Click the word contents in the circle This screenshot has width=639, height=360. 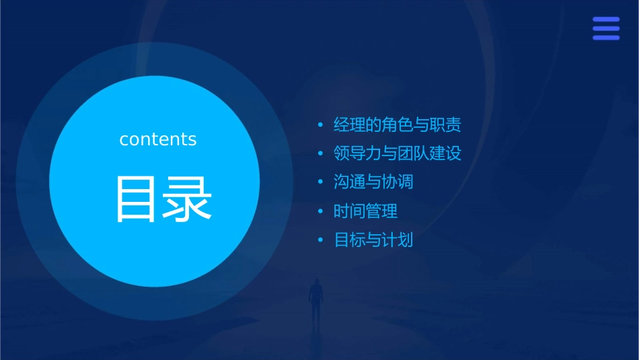coord(158,139)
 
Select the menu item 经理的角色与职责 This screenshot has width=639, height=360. coord(398,125)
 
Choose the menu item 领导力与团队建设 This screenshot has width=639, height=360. coord(398,153)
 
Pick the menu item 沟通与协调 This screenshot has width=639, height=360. coord(373,182)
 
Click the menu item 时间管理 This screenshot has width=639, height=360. coord(365,211)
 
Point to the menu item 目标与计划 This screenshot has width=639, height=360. coord(373,240)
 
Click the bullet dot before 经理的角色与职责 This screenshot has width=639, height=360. coord(321,125)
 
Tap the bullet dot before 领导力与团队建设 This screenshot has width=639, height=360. coord(321,154)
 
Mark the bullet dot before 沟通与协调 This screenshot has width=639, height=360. coord(321,183)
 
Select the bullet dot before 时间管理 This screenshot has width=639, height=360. coord(321,212)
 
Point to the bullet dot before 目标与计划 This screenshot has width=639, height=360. coord(321,240)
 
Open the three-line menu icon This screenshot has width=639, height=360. coord(606,29)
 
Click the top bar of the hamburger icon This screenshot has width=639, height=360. coord(606,20)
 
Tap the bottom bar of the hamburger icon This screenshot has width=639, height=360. coord(606,38)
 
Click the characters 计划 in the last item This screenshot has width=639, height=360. coord(398,240)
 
